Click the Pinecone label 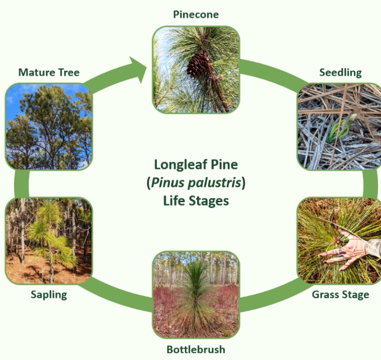196,14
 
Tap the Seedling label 340,73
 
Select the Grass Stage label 340,294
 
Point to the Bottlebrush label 196,349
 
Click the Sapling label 48,294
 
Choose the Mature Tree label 49,73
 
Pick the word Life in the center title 174,201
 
